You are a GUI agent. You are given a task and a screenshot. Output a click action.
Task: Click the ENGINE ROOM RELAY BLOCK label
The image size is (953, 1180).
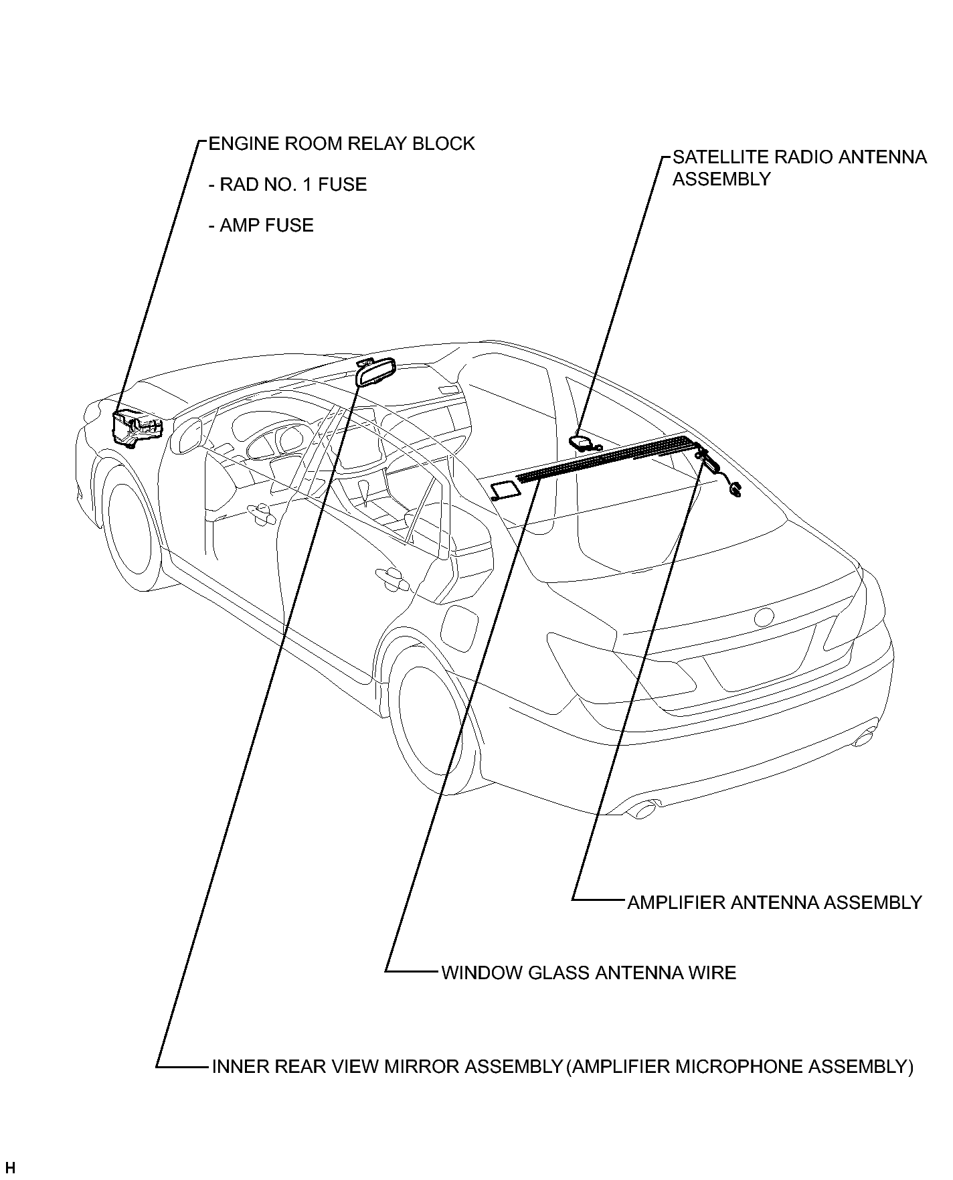click(342, 144)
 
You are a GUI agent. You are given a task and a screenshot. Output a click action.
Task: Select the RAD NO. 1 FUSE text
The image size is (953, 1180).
click(288, 185)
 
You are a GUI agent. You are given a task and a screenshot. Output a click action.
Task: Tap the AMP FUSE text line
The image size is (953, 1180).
click(262, 226)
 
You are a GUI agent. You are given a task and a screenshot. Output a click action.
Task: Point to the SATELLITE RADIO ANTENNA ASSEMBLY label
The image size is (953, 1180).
click(800, 168)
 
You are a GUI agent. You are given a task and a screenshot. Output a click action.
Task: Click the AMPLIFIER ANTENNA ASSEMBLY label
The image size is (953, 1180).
click(775, 902)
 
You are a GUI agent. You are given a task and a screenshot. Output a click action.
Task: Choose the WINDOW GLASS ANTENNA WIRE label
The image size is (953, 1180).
click(589, 973)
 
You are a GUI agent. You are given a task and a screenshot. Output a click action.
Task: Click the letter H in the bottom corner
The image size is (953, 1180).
click(9, 1168)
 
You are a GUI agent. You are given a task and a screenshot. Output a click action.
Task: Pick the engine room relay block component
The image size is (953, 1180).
click(138, 428)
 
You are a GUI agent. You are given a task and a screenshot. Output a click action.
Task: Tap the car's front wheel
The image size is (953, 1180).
click(134, 526)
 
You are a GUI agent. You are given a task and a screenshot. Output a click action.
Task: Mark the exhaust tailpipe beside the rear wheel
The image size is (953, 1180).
click(644, 809)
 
